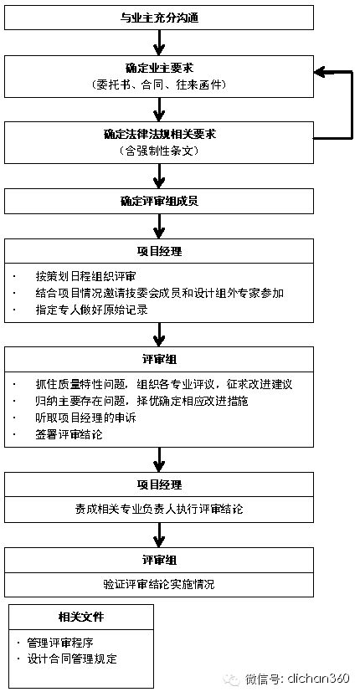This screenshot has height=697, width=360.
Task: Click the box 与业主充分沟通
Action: [x=159, y=18]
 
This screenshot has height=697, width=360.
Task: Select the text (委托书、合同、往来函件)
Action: [x=159, y=85]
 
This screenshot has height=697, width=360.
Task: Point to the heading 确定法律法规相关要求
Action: [x=159, y=134]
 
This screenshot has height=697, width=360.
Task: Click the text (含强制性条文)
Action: [x=159, y=151]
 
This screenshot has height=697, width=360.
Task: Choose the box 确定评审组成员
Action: [x=159, y=202]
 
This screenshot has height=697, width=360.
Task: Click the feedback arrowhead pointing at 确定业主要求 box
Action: [x=321, y=73]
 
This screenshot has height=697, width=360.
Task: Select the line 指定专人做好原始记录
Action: [x=91, y=310]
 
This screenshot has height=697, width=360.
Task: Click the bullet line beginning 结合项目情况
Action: [x=159, y=293]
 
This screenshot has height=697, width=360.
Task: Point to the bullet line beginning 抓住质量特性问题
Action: [x=164, y=385]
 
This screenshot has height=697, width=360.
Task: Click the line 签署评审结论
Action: [x=69, y=434]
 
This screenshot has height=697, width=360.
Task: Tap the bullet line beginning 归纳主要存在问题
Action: [x=141, y=401]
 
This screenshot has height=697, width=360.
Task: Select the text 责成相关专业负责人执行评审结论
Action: [x=159, y=509]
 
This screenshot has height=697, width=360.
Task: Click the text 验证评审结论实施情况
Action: [x=159, y=584]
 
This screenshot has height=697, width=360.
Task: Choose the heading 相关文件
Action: [x=81, y=617]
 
